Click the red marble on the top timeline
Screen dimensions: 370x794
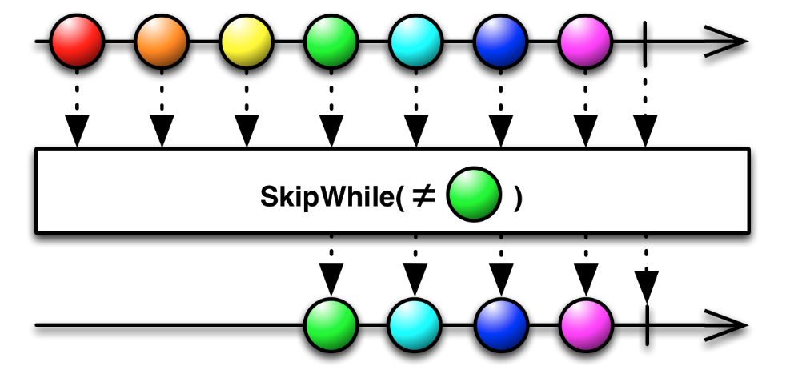[x=78, y=40]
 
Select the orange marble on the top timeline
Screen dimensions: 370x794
[x=162, y=40]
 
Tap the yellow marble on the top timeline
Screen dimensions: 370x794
[x=247, y=40]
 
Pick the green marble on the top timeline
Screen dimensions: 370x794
[x=331, y=40]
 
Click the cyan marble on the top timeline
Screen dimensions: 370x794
[x=415, y=40]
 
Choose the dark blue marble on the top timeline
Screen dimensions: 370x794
[x=500, y=40]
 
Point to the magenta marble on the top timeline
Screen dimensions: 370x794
[x=585, y=40]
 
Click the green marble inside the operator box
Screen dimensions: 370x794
[x=473, y=198]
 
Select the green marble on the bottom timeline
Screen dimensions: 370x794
[x=331, y=326]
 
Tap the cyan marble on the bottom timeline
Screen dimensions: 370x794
[x=415, y=326]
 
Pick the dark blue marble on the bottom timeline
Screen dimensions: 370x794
[x=500, y=326]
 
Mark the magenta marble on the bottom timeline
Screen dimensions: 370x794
[x=585, y=326]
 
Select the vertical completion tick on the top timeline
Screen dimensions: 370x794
[x=645, y=40]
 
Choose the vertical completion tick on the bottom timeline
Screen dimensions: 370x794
[x=646, y=326]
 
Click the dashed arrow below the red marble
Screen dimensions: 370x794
[x=78, y=112]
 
